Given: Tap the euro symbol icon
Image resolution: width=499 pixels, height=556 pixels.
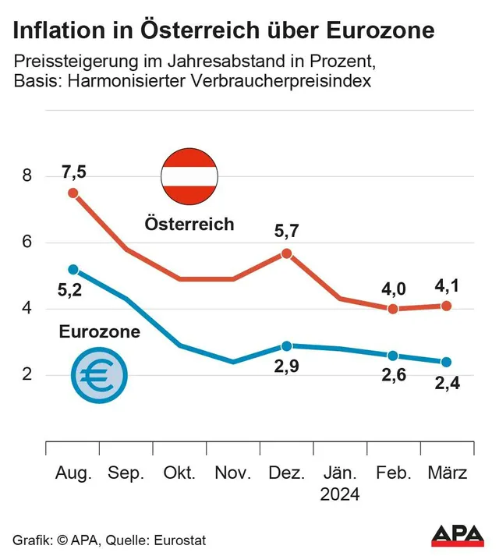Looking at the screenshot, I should (97, 376).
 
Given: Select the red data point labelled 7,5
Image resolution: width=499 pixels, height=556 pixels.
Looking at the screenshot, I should (73, 193).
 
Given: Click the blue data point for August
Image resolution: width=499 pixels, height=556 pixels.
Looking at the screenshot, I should (73, 269).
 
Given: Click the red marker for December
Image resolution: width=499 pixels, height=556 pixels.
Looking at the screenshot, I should (287, 253).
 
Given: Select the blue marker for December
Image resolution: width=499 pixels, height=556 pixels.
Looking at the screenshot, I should (287, 345).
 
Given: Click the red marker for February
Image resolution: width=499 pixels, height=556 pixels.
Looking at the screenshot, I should (393, 309).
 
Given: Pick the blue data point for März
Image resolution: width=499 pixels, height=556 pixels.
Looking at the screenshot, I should (446, 362).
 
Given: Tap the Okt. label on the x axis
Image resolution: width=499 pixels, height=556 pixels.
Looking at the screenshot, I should (180, 473).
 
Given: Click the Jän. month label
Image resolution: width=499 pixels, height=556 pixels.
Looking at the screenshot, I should (339, 473).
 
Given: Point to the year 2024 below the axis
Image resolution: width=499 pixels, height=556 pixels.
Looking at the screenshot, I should (339, 495).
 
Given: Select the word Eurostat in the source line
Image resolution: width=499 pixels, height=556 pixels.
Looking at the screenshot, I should (181, 540).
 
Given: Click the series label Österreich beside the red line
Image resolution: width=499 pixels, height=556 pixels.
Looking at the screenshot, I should (189, 225).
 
